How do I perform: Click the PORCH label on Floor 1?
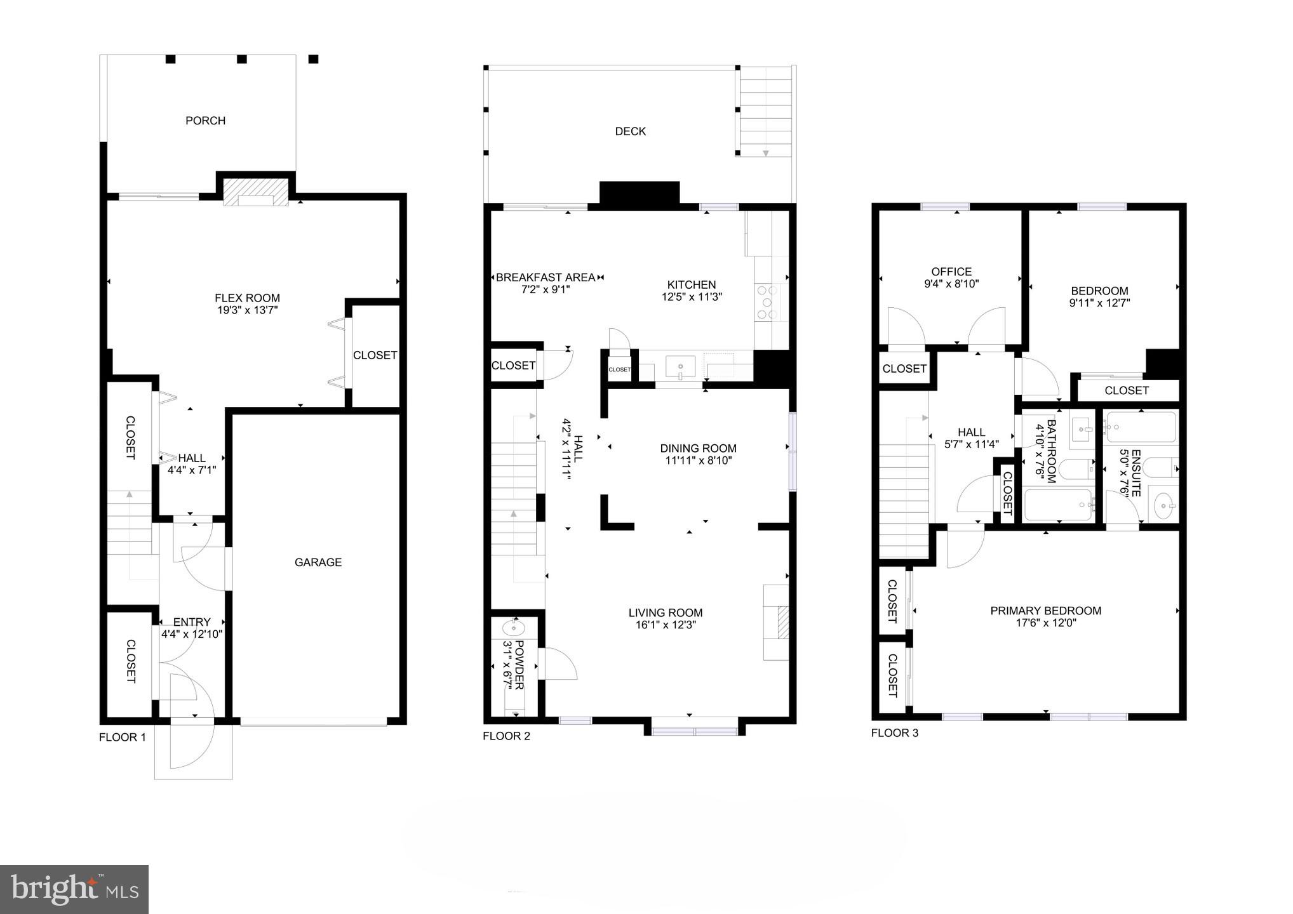click(x=205, y=121)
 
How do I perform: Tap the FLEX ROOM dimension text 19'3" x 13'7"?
click(x=247, y=310)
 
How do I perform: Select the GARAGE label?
click(x=318, y=562)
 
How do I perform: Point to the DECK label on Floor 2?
click(x=630, y=131)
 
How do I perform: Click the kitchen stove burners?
click(x=767, y=302)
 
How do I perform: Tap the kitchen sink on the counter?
click(x=680, y=367)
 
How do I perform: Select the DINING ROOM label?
click(x=698, y=449)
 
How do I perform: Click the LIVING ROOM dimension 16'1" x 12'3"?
click(x=666, y=625)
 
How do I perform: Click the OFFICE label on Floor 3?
click(x=951, y=272)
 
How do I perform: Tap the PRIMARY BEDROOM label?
click(x=1045, y=611)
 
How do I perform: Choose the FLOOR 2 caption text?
click(x=506, y=736)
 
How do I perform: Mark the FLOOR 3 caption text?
click(x=894, y=733)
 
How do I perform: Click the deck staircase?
click(x=766, y=111)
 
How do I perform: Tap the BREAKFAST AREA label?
click(x=546, y=277)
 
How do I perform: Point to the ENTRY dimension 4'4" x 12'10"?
click(x=192, y=634)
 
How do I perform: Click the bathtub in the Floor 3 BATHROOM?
click(x=1058, y=505)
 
